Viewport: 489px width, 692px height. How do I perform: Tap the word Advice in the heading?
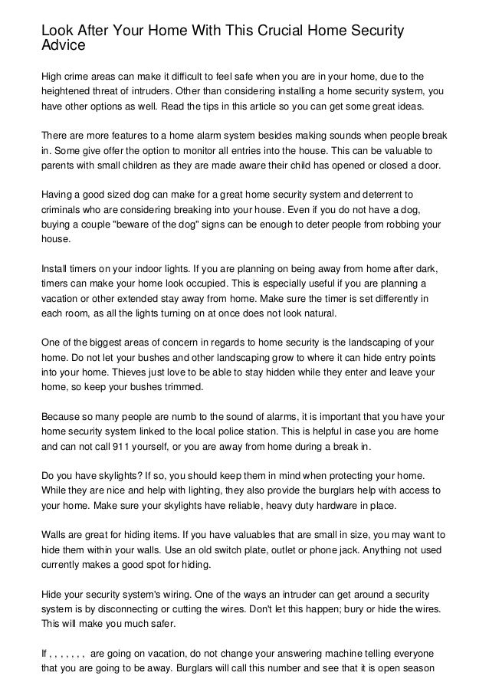click(x=62, y=44)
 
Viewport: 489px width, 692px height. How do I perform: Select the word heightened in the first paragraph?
click(x=66, y=92)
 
